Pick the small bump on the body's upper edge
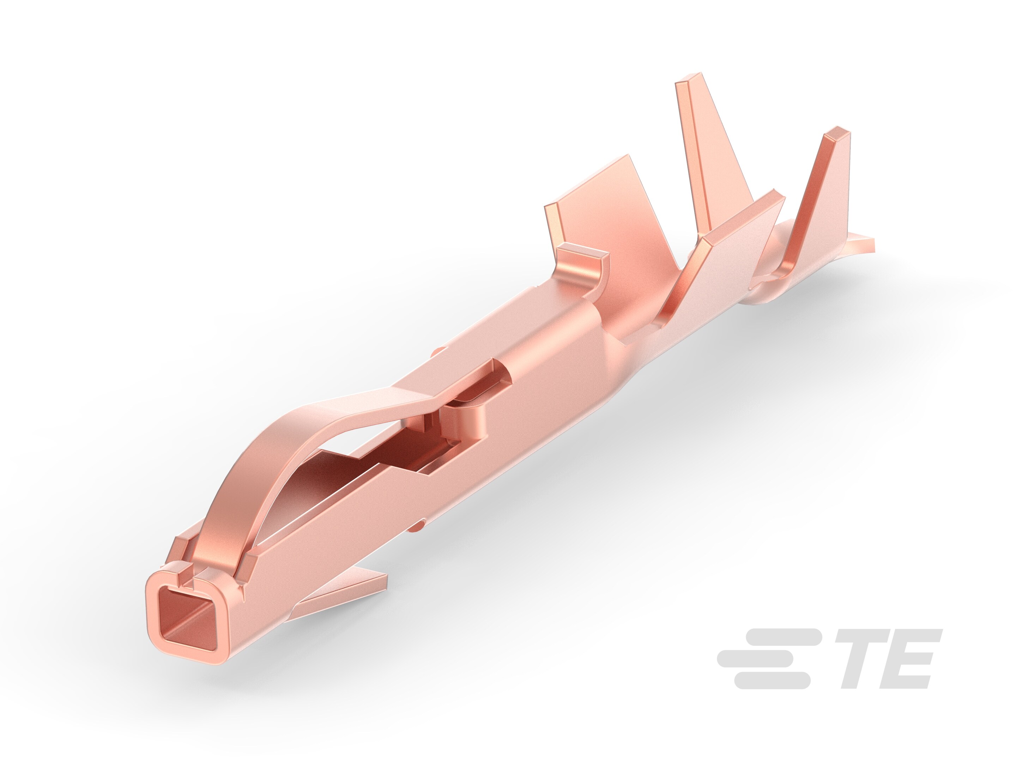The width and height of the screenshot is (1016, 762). (439, 351)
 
